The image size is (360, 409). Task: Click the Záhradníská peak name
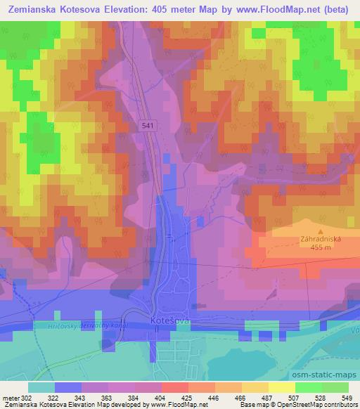[x=321, y=239]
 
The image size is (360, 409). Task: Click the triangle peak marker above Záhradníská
[x=321, y=231]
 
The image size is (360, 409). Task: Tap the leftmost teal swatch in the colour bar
[x=41, y=388]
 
